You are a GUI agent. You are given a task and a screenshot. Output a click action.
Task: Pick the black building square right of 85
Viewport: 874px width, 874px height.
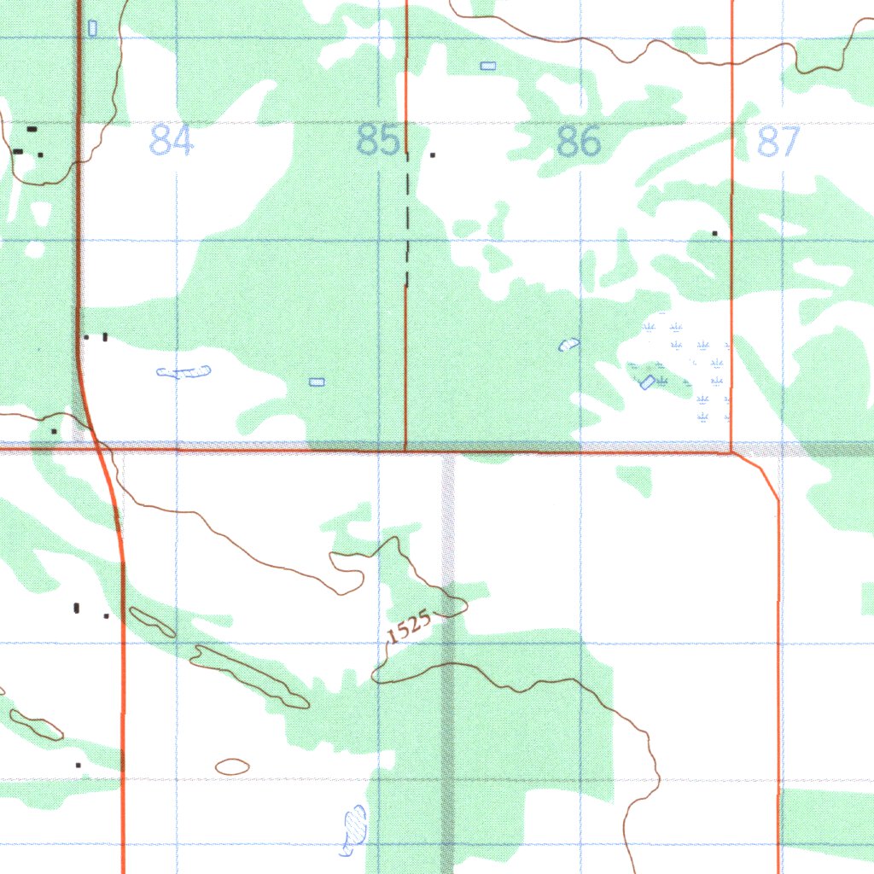pyautogui.click(x=433, y=155)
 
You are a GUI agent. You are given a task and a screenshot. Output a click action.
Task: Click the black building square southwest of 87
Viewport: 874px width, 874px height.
pyautogui.click(x=715, y=233)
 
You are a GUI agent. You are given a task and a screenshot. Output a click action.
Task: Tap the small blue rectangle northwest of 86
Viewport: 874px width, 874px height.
pyautogui.click(x=487, y=66)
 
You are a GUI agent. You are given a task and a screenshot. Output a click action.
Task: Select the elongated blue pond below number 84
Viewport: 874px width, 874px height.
pyautogui.click(x=184, y=371)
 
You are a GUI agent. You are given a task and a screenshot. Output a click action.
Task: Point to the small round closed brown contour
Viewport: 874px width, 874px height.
pyautogui.click(x=232, y=766)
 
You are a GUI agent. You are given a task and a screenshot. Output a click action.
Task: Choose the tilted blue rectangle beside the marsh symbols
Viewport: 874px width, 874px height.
pyautogui.click(x=648, y=382)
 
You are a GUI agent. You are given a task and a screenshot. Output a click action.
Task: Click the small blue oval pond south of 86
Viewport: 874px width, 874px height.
pyautogui.click(x=568, y=344)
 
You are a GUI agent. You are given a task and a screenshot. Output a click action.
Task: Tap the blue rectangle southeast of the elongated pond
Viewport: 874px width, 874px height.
pyautogui.click(x=317, y=382)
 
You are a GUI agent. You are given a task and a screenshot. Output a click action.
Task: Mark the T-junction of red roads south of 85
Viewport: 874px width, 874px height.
pyautogui.click(x=405, y=448)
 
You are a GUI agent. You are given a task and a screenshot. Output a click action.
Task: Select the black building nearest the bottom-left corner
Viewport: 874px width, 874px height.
pyautogui.click(x=79, y=766)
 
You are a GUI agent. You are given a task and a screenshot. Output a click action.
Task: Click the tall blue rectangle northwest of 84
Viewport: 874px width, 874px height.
pyautogui.click(x=92, y=28)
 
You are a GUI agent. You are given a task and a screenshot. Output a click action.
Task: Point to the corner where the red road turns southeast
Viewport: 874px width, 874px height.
pyautogui.click(x=733, y=452)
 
